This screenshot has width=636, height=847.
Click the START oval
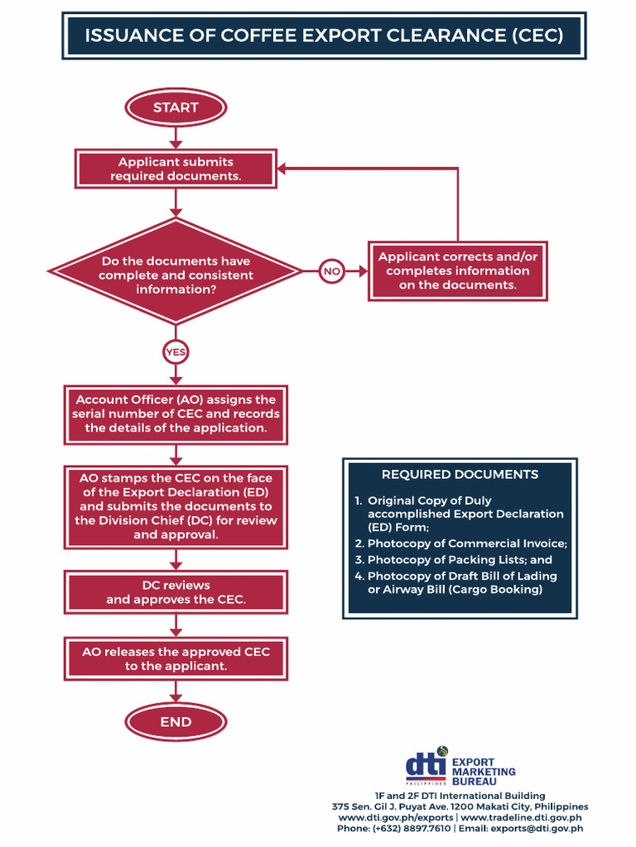click(x=176, y=108)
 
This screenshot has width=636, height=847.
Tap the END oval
click(x=176, y=722)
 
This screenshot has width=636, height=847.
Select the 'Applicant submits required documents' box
click(x=176, y=170)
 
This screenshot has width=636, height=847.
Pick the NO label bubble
click(x=331, y=271)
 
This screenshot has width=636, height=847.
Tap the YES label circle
click(x=176, y=352)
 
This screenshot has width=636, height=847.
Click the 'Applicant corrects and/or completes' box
click(x=457, y=270)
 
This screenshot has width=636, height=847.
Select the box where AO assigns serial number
click(x=176, y=414)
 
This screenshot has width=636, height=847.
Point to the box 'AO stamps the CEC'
click(x=176, y=506)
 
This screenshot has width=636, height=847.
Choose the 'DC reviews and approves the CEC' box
click(x=176, y=592)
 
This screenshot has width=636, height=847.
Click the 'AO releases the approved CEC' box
click(x=176, y=658)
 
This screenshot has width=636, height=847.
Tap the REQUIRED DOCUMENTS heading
click(x=460, y=475)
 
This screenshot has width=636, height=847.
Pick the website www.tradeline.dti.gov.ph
click(x=521, y=817)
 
